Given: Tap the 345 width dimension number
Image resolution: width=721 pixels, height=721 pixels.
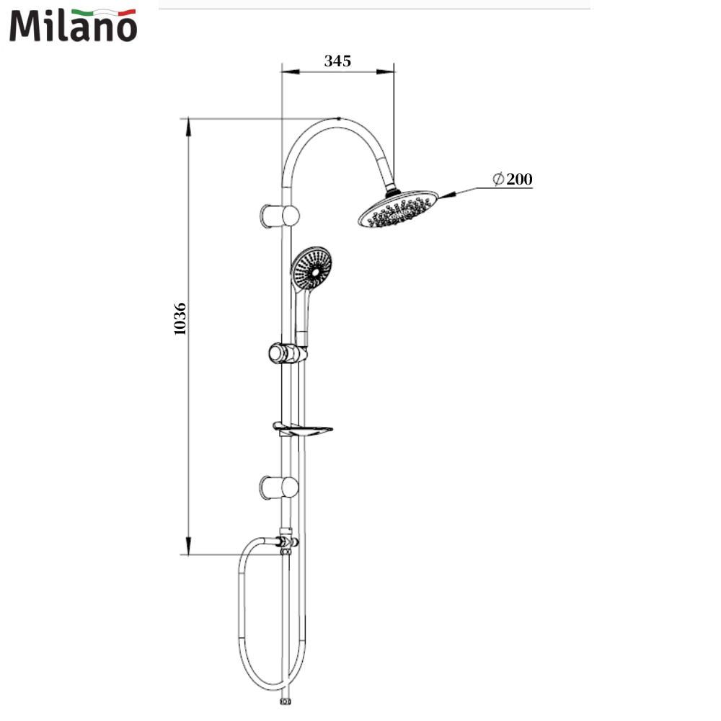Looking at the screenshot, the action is [337, 61].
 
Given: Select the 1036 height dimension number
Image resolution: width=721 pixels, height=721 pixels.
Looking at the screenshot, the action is [180, 319].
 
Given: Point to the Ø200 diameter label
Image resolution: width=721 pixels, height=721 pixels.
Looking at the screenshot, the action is [512, 179].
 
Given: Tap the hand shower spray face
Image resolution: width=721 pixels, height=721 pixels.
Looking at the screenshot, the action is [311, 267].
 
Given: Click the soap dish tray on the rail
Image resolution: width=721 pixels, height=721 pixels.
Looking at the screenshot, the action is [303, 429].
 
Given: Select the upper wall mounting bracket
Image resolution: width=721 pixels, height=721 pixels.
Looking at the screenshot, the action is [280, 216].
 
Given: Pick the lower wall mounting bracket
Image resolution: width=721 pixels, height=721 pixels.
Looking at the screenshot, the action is [280, 487].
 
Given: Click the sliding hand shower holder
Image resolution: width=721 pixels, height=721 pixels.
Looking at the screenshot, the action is [288, 353].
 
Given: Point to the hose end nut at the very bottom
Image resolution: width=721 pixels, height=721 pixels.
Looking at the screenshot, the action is [286, 702].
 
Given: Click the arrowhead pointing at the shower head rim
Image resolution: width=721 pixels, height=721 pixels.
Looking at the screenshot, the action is [448, 195].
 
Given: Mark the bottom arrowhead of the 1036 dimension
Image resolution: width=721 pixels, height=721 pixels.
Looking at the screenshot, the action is [188, 545].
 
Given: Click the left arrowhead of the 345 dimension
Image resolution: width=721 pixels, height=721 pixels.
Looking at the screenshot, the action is [290, 71].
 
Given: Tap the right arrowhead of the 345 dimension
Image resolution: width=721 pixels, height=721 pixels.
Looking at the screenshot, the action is [385, 71].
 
